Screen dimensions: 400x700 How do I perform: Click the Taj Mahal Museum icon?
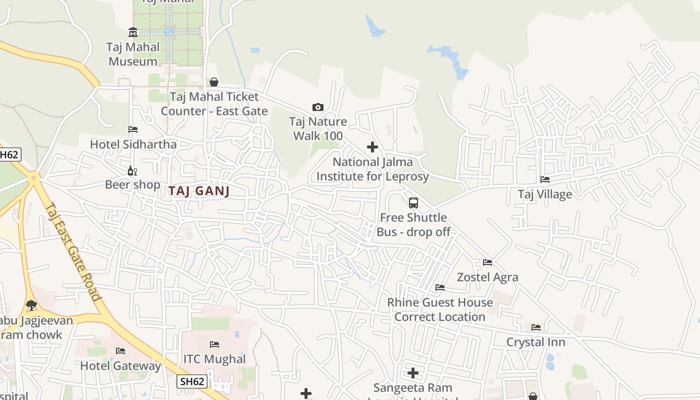pyautogui.click(x=133, y=32)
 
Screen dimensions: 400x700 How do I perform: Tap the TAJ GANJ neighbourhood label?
pyautogui.click(x=199, y=190)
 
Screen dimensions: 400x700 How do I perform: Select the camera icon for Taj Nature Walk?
pyautogui.click(x=317, y=107)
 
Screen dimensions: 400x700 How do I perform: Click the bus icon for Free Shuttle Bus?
pyautogui.click(x=413, y=203)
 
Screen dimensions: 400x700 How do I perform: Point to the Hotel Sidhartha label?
pyautogui.click(x=133, y=144)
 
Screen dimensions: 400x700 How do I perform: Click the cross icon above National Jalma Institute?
pyautogui.click(x=372, y=147)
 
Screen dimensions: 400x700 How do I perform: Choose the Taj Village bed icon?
pyautogui.click(x=545, y=179)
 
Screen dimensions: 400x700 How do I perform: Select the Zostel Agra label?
pyautogui.click(x=487, y=277)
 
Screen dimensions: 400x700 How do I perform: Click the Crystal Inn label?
pyautogui.click(x=535, y=342)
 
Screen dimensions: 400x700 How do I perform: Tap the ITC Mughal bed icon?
pyautogui.click(x=214, y=344)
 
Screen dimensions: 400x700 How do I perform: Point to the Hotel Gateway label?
pyautogui.click(x=120, y=365)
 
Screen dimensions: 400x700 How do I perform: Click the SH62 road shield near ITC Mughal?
pyautogui.click(x=192, y=381)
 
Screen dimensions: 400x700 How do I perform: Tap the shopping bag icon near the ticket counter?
pyautogui.click(x=214, y=82)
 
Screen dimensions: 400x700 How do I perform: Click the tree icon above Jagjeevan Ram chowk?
pyautogui.click(x=31, y=304)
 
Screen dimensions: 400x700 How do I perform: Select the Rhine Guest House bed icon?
pyautogui.click(x=440, y=287)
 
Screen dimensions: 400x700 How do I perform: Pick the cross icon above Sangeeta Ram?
pyautogui.click(x=413, y=373)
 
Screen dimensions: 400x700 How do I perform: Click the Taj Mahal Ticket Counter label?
pyautogui.click(x=214, y=103)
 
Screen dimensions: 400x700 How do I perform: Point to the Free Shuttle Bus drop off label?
pyautogui.click(x=413, y=224)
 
